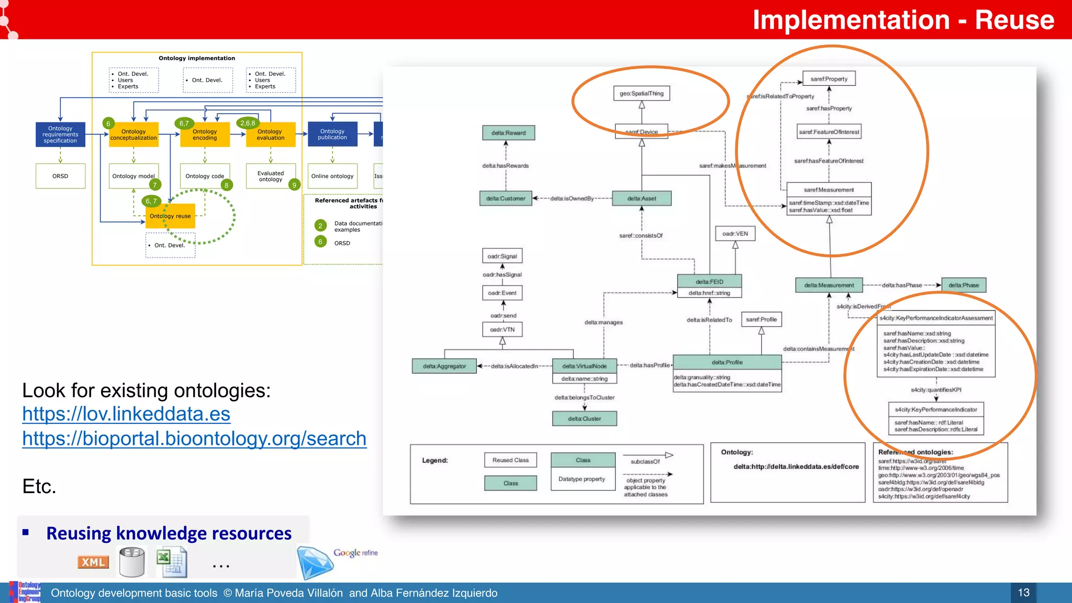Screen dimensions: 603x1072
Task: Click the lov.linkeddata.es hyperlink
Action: pyautogui.click(x=126, y=414)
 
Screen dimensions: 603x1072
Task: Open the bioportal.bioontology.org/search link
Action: pyautogui.click(x=194, y=439)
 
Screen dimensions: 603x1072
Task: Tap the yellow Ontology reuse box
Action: pyautogui.click(x=170, y=216)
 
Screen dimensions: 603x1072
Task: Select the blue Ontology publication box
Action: pyautogui.click(x=332, y=135)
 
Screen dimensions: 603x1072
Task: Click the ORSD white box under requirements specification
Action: pyautogui.click(x=60, y=176)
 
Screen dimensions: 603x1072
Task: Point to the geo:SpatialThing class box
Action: pyautogui.click(x=641, y=94)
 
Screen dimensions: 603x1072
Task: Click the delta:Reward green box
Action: pyautogui.click(x=508, y=133)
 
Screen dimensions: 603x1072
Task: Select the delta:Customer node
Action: pyautogui.click(x=505, y=198)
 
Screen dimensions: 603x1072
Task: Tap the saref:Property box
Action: pyautogui.click(x=829, y=79)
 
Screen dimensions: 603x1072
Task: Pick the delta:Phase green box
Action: pyautogui.click(x=963, y=285)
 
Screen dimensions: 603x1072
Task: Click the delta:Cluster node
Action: pyautogui.click(x=584, y=419)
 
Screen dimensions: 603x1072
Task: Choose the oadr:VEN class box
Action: pyautogui.click(x=735, y=233)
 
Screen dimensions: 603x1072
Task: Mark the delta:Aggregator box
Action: pyautogui.click(x=444, y=366)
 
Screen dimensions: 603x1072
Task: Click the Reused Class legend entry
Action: pyautogui.click(x=510, y=460)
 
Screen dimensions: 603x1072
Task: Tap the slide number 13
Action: pyautogui.click(x=1023, y=593)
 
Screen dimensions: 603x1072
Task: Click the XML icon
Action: pyautogui.click(x=93, y=562)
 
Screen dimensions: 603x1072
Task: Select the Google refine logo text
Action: pyautogui.click(x=355, y=553)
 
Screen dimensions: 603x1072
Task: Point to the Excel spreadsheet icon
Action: pyautogui.click(x=172, y=562)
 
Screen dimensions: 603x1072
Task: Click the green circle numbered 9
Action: pyautogui.click(x=294, y=185)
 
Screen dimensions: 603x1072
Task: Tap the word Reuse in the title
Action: pyautogui.click(x=1014, y=20)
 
